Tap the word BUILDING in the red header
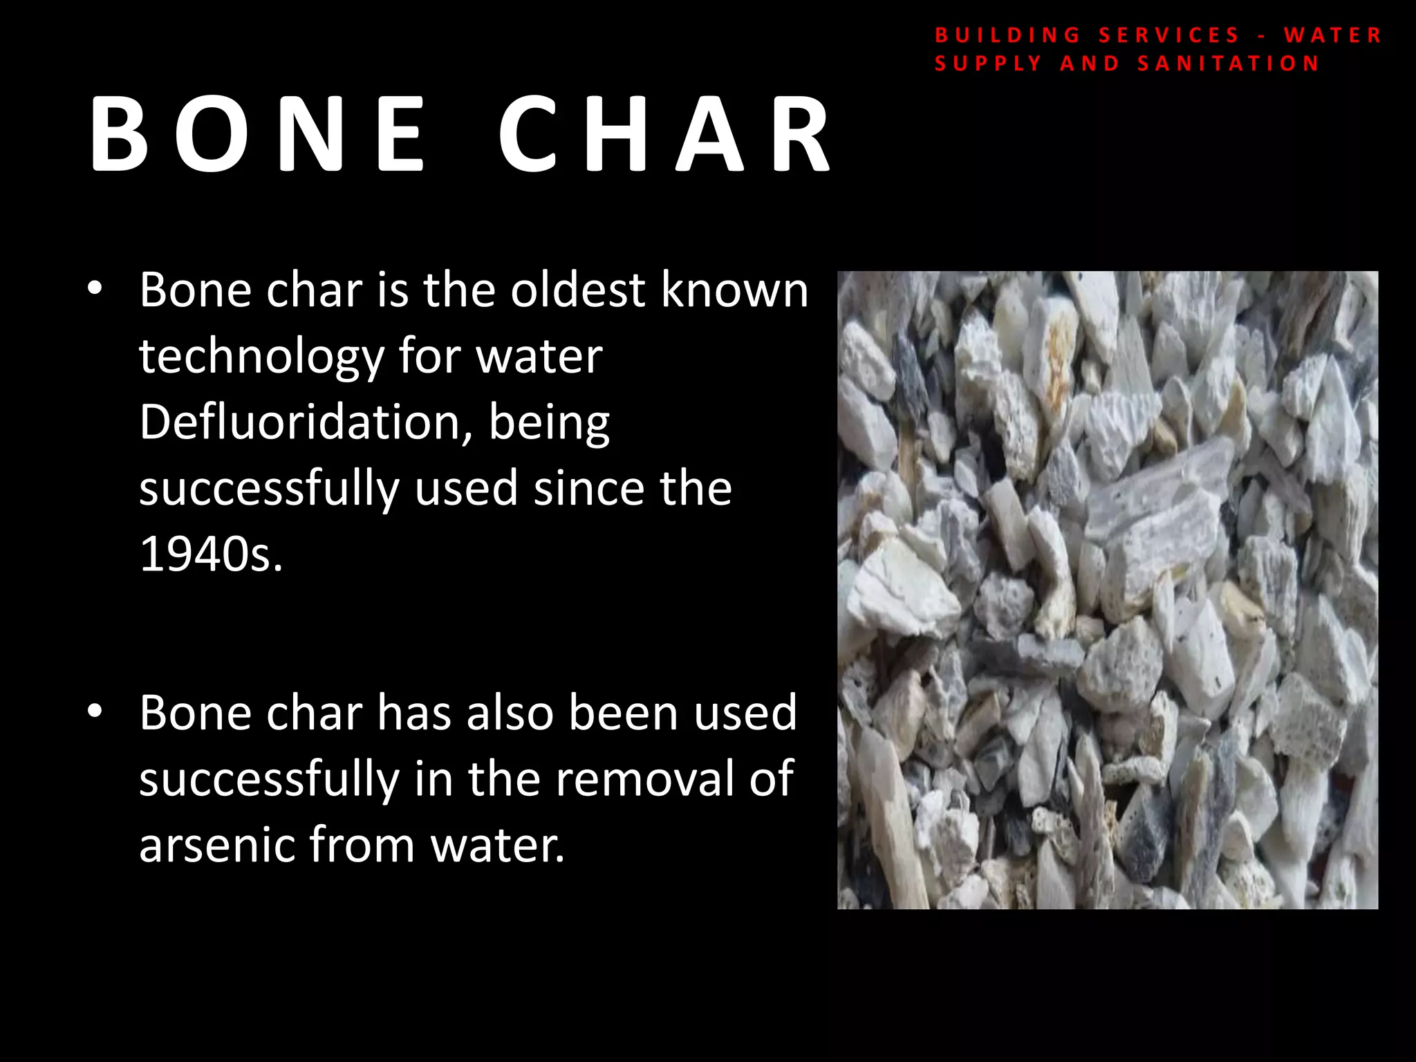(x=1007, y=35)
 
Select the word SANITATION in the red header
(x=1229, y=64)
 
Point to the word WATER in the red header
(x=1332, y=35)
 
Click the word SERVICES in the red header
(x=1169, y=35)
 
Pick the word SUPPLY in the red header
(x=988, y=64)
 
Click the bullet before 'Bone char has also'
(x=95, y=711)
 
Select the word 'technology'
(x=261, y=357)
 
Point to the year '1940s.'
(x=211, y=554)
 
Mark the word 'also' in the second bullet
(x=510, y=712)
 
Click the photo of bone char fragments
(x=1107, y=590)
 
